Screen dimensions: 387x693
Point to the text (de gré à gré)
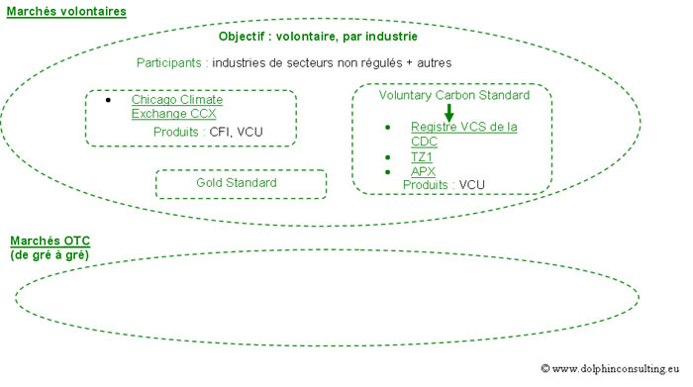(49, 255)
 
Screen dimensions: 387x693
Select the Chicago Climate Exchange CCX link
(176, 107)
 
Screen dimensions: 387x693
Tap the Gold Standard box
(241, 183)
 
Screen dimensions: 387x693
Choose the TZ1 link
(422, 157)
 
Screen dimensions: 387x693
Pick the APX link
(422, 171)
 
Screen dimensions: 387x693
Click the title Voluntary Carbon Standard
(453, 96)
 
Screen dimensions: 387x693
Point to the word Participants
(169, 62)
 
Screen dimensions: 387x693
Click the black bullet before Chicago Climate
(109, 100)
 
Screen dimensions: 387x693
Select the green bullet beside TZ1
(387, 157)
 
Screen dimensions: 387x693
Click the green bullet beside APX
(387, 171)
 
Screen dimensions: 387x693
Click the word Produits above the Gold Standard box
(177, 132)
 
